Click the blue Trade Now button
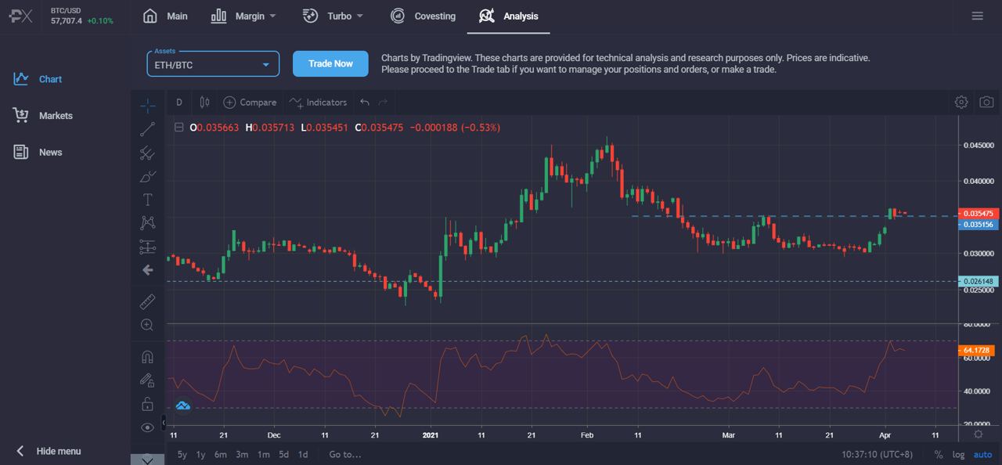pyautogui.click(x=330, y=64)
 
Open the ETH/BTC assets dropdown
pyautogui.click(x=213, y=64)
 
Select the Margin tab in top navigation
pyautogui.click(x=243, y=16)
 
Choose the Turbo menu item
pyautogui.click(x=333, y=16)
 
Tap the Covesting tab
pyautogui.click(x=423, y=16)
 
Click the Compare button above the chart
pyautogui.click(x=250, y=103)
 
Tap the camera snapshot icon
pyautogui.click(x=986, y=103)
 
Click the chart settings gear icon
pyautogui.click(x=961, y=103)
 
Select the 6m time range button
pyautogui.click(x=221, y=454)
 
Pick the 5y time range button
pyautogui.click(x=182, y=454)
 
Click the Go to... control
pyautogui.click(x=345, y=454)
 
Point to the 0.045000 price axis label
pyautogui.click(x=979, y=145)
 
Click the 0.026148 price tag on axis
pyautogui.click(x=979, y=282)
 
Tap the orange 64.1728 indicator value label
pyautogui.click(x=979, y=350)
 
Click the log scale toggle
pyautogui.click(x=959, y=455)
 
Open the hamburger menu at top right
pyautogui.click(x=977, y=16)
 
